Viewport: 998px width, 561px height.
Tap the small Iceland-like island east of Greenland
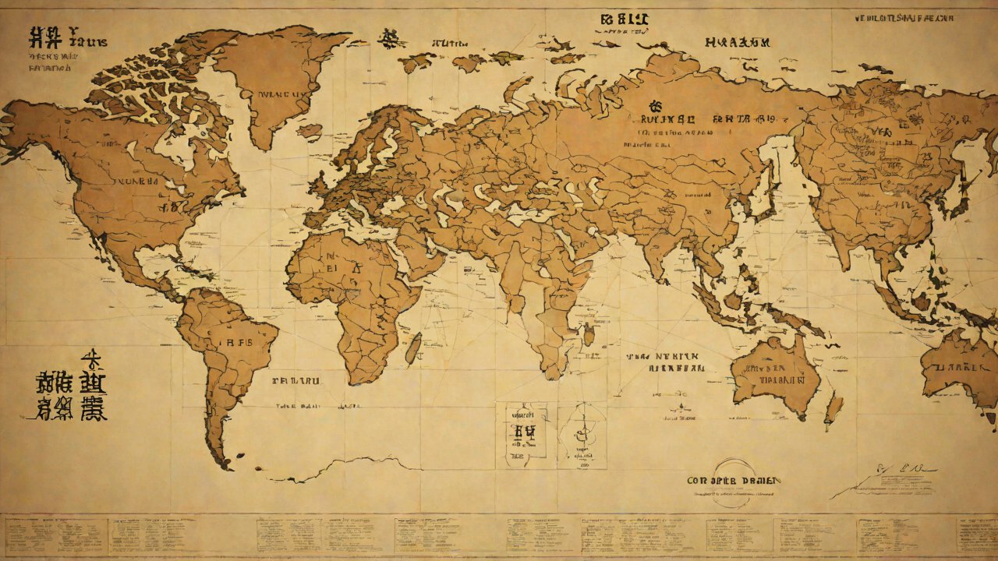tap(310, 131)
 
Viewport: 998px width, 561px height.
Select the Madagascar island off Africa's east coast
tap(412, 348)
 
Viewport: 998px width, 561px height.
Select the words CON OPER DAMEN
tap(734, 481)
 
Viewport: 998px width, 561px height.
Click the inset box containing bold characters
tap(521, 435)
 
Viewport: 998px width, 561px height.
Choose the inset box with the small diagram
tap(581, 435)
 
